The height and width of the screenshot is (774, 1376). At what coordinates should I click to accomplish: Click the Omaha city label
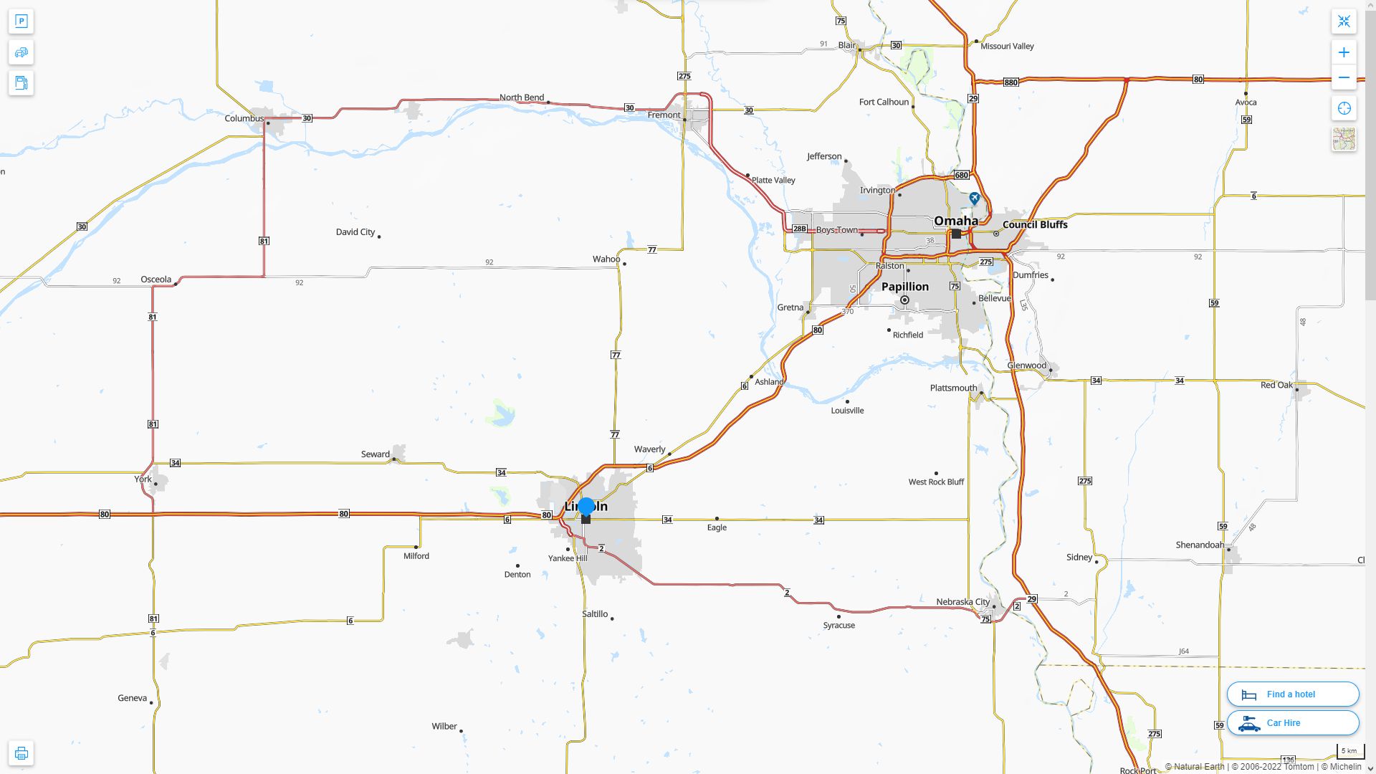(x=955, y=221)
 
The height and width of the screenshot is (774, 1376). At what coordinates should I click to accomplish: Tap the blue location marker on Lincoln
(x=586, y=507)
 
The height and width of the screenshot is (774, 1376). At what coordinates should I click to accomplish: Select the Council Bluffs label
(x=1035, y=225)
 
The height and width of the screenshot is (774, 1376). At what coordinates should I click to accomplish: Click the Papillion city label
(x=904, y=287)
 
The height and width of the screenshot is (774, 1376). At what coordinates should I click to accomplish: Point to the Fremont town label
(x=664, y=115)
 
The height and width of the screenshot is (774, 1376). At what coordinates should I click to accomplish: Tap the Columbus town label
(x=244, y=118)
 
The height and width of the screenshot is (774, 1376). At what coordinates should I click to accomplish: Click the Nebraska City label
(x=962, y=602)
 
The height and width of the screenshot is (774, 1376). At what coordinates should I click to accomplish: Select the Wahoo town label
(x=606, y=259)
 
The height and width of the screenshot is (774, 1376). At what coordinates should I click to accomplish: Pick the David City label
(x=355, y=232)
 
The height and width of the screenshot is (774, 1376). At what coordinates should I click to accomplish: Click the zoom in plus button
(x=1344, y=52)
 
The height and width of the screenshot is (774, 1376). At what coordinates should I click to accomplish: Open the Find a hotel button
(x=1292, y=694)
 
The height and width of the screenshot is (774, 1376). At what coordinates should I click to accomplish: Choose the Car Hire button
(x=1292, y=723)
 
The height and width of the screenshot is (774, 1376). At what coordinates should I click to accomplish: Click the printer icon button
(x=21, y=753)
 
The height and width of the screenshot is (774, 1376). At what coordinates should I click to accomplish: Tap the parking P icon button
(x=21, y=21)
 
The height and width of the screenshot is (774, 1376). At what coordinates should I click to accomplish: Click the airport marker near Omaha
(x=974, y=198)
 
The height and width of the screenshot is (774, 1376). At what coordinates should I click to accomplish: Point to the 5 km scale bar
(x=1349, y=752)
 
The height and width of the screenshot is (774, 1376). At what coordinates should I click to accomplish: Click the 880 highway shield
(x=1010, y=82)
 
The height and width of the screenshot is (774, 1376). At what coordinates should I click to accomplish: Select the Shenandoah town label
(x=1200, y=545)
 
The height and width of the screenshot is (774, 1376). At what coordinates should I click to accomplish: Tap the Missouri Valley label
(x=1007, y=47)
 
